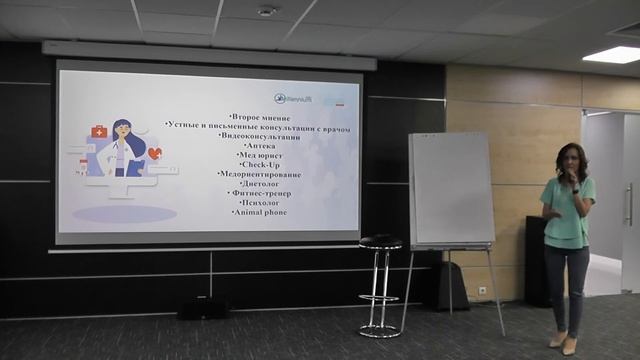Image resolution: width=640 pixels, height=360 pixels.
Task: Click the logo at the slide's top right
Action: (300, 98)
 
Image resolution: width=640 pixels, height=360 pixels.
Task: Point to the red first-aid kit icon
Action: (99, 131)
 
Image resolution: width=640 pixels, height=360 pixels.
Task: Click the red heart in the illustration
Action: (154, 153)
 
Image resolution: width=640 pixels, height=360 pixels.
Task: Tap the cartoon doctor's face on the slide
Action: (124, 133)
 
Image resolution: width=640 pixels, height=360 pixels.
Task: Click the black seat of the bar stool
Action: (381, 242)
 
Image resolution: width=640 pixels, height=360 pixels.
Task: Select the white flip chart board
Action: (451, 190)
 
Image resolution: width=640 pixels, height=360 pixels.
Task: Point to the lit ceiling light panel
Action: (611, 54)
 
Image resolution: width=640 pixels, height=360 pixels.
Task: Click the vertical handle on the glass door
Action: (628, 204)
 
